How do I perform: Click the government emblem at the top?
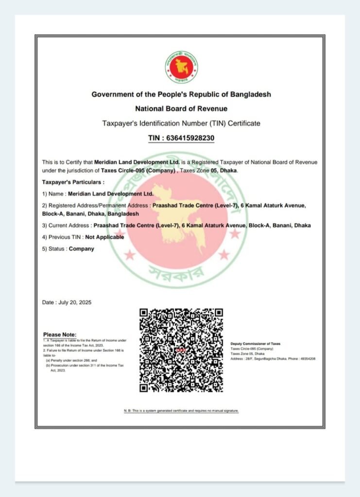tap(181, 66)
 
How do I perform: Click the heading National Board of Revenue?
tap(181, 109)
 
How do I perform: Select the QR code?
tap(181, 350)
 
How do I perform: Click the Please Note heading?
tap(60, 334)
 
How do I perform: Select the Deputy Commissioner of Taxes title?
tap(255, 344)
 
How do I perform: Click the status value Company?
tap(82, 248)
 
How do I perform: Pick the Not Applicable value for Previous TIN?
tap(104, 237)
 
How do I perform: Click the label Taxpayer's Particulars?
tap(73, 182)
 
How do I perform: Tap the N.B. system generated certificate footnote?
tap(181, 411)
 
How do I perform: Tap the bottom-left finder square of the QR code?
tap(144, 387)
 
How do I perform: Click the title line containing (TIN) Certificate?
tap(181, 123)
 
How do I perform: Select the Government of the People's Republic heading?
tap(181, 94)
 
